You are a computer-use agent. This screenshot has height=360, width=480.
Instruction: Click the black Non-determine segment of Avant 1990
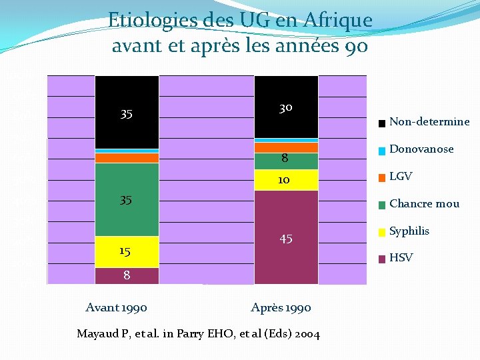pyautogui.click(x=127, y=112)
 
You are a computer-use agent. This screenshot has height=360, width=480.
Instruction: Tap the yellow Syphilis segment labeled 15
pyautogui.click(x=127, y=251)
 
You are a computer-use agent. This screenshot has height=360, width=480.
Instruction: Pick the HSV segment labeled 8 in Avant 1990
pyautogui.click(x=127, y=275)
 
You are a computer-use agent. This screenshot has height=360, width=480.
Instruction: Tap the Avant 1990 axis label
pyautogui.click(x=117, y=307)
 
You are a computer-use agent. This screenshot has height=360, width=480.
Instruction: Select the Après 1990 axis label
pyautogui.click(x=281, y=307)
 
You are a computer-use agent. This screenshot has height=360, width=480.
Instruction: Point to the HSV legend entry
pyautogui.click(x=401, y=258)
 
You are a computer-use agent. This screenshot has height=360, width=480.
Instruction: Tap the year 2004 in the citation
pyautogui.click(x=305, y=334)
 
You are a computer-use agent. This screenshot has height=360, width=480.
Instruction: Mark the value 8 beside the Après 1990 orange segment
pyautogui.click(x=285, y=159)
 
